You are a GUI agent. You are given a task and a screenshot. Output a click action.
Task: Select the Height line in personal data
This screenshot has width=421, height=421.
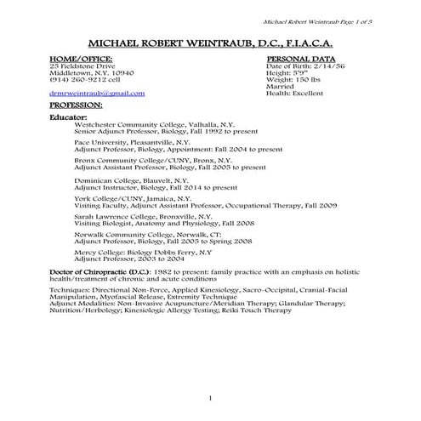coord(286,72)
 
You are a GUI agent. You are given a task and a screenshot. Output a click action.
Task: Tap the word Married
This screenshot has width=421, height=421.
coord(280,87)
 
